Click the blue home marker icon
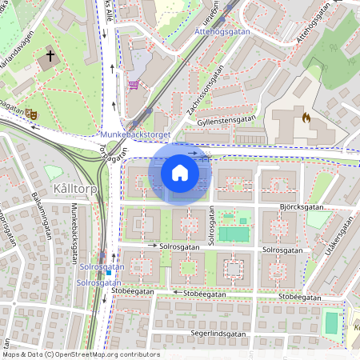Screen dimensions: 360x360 pos(180,173)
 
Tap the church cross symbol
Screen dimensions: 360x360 pos(50,57)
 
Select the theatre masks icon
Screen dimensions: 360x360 pos(31,114)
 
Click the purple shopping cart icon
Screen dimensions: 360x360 pos(133,85)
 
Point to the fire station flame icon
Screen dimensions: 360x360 pos(305,117)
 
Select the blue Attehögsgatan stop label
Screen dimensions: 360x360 pos(222,33)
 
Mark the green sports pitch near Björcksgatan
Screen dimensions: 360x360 pos(234,234)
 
